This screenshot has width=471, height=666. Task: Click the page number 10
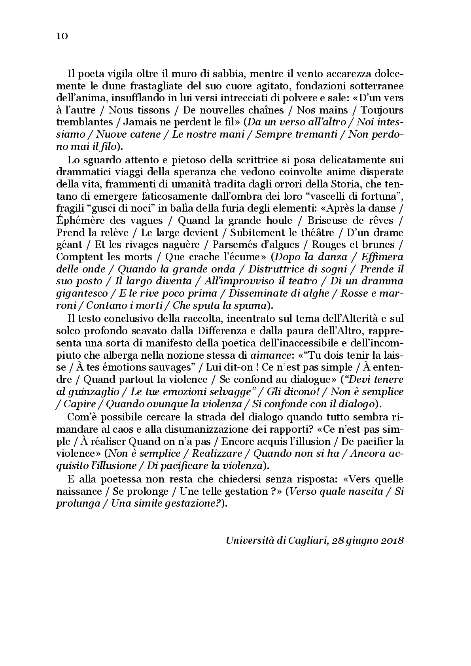62,36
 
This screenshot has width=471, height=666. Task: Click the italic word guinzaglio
93,392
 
